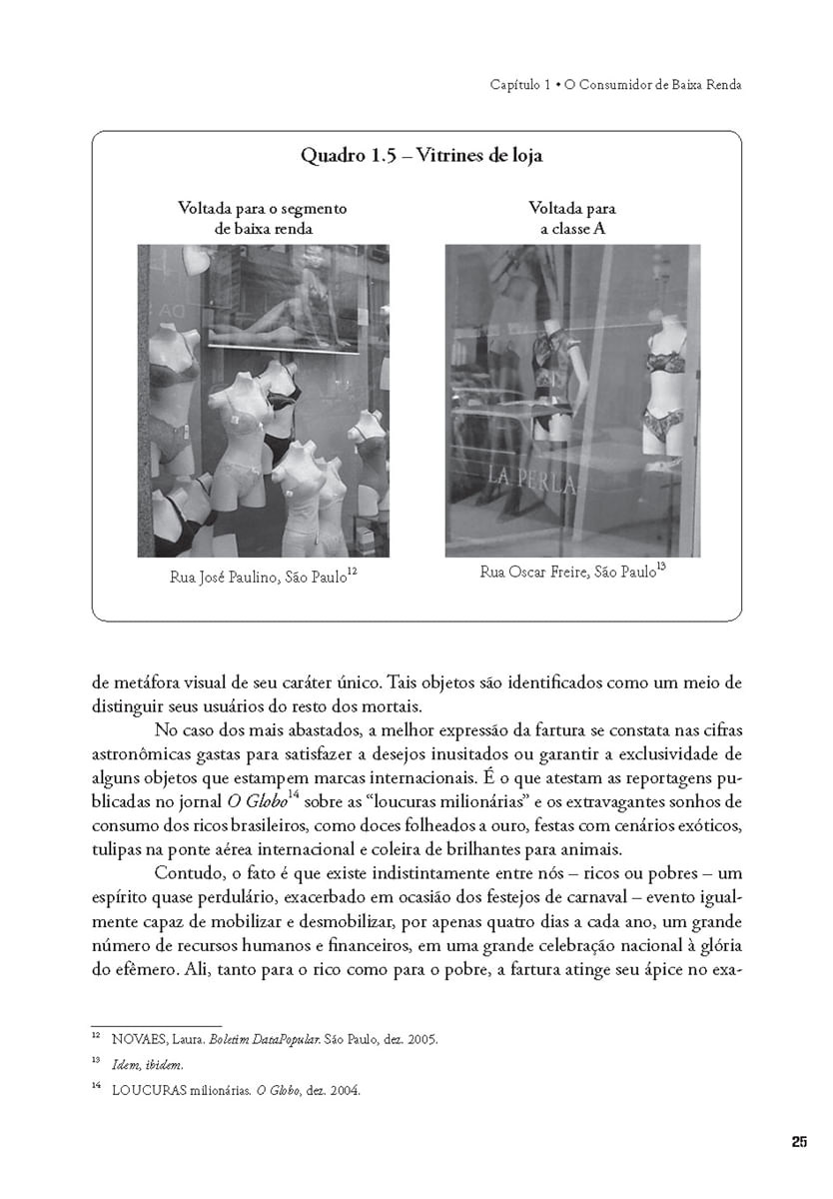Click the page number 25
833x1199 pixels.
point(798,1142)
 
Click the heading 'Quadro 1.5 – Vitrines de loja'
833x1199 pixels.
point(421,156)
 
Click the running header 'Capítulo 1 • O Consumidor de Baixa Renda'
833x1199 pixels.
point(615,85)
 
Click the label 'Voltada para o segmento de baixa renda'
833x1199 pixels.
point(263,218)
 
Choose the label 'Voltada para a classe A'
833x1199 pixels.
point(571,218)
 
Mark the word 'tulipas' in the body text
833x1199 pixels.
point(115,850)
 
